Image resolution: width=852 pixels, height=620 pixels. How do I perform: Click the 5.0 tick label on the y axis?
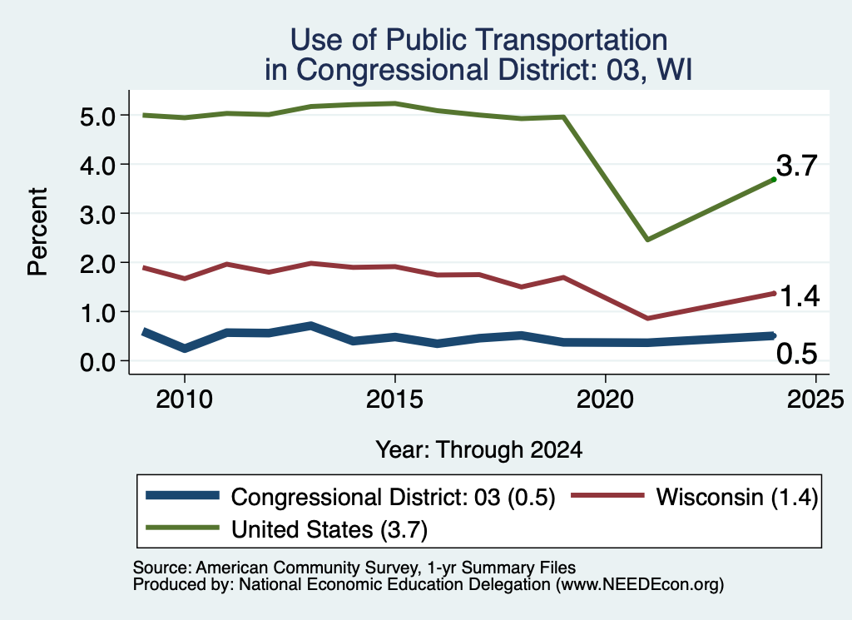coord(98,117)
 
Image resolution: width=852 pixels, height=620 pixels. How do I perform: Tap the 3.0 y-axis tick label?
coord(98,215)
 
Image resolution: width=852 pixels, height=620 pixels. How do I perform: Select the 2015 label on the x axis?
coord(394,400)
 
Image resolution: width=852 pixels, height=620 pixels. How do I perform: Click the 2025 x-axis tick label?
coord(815,400)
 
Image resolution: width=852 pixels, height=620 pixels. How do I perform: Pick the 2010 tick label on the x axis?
coord(184,400)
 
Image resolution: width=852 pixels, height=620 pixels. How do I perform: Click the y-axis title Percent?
coord(37,232)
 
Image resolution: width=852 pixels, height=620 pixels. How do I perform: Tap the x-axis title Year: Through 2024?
coord(478,450)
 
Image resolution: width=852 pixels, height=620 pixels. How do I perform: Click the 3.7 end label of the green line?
coord(796,165)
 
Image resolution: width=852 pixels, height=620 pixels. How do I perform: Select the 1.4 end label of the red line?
coord(800,297)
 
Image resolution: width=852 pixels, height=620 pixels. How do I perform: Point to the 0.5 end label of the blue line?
coord(796,354)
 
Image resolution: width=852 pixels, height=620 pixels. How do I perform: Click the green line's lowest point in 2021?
coord(647,239)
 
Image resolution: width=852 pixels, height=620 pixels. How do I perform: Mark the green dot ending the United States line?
coord(774,179)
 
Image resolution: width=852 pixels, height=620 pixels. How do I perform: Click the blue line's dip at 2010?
coord(186,348)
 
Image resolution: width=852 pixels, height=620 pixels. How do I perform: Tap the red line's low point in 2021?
coord(647,318)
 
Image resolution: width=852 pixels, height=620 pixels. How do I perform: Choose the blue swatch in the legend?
coord(182,495)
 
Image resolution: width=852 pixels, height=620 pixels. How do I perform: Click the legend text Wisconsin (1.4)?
coord(737,497)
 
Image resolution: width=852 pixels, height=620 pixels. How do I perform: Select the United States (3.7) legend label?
coord(329,530)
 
